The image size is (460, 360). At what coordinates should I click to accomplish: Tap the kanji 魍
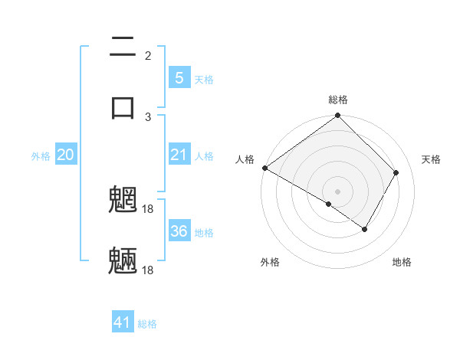coord(123,201)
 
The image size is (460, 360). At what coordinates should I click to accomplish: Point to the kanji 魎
coord(123,261)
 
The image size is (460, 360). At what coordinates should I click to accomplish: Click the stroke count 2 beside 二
coord(148,56)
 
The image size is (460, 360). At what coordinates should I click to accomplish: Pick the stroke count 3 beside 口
coord(148,116)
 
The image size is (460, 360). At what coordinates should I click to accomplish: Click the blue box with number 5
coord(179,78)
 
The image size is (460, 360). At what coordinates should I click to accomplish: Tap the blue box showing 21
coord(179,155)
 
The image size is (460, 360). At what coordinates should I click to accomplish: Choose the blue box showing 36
coord(179,231)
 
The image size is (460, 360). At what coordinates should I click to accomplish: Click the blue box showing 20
coord(66,155)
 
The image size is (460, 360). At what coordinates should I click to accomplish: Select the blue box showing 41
coord(123,322)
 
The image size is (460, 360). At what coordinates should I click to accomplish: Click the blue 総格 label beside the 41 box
coord(147,324)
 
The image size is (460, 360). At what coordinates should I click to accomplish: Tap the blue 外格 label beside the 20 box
coord(41,156)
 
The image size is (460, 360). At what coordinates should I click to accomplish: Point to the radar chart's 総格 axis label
coord(338,100)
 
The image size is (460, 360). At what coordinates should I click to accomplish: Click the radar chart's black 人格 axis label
coord(245,159)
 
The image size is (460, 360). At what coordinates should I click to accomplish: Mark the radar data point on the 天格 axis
coord(396,172)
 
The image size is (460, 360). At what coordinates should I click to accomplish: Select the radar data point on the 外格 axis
coord(329,205)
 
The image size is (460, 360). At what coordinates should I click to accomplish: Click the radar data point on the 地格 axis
coord(365,229)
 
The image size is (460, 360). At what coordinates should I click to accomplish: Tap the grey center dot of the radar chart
coord(338,191)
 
